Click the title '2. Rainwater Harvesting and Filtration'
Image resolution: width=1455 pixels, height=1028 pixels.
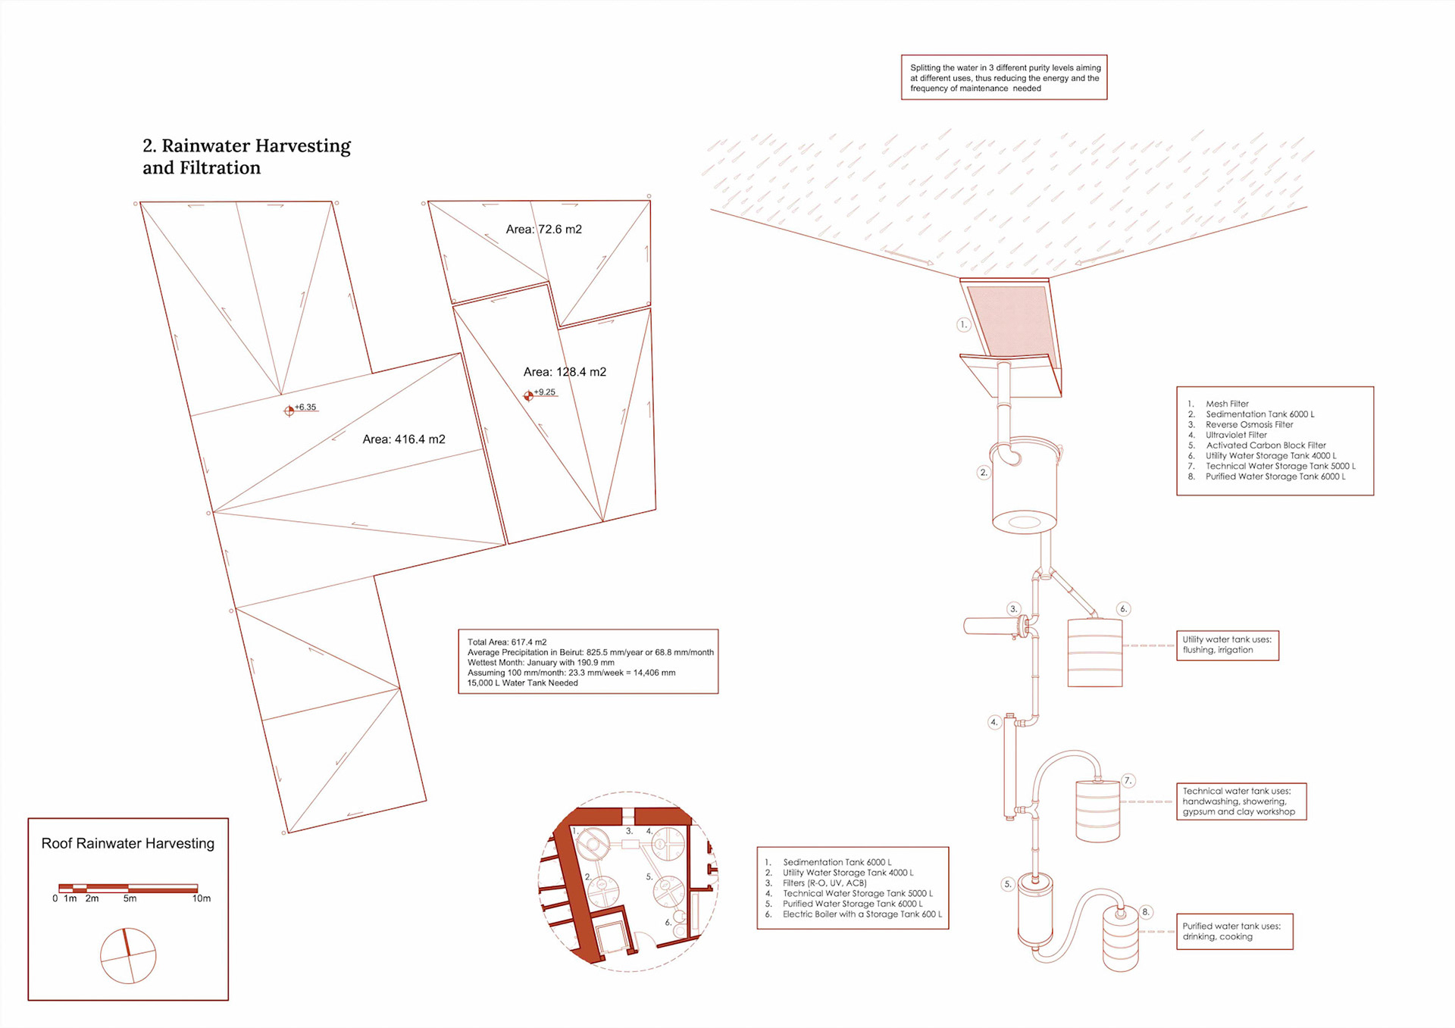(246, 157)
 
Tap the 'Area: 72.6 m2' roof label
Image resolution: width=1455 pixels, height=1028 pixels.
(543, 230)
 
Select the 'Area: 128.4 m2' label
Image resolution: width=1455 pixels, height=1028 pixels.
(565, 372)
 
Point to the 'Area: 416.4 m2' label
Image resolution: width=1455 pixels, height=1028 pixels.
(403, 439)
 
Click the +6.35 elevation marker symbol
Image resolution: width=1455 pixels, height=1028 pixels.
(289, 411)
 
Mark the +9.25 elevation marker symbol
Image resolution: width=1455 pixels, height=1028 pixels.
(528, 395)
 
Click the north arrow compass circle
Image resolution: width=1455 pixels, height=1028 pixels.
(128, 956)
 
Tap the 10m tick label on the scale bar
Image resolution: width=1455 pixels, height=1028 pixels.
(201, 898)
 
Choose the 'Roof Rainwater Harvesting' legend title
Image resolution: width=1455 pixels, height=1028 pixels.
(127, 844)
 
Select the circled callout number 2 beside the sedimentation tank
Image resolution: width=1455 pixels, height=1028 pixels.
(984, 473)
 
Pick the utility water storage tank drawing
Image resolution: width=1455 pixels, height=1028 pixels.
(1094, 652)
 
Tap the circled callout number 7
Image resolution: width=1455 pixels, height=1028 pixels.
(1128, 780)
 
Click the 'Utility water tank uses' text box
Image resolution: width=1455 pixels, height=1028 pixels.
(1227, 645)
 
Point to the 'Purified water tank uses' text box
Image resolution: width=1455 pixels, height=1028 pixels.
(1234, 932)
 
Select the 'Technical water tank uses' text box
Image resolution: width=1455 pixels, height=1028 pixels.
(1241, 801)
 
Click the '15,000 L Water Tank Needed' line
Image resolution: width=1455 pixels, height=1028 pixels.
(522, 683)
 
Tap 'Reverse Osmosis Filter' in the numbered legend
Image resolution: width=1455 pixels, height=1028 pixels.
(1249, 425)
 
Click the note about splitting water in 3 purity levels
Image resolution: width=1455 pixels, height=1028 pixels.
(1004, 78)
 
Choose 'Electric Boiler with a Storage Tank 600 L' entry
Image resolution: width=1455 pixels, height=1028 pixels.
(862, 914)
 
